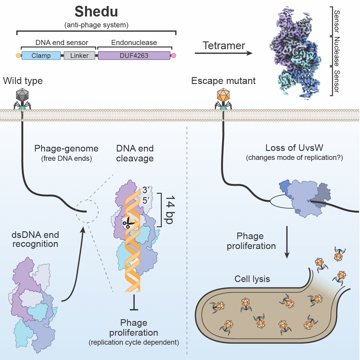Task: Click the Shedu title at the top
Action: point(96,12)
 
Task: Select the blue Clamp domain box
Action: point(41,55)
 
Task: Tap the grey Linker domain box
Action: point(79,55)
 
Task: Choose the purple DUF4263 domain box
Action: point(134,55)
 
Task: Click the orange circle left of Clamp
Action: point(18,55)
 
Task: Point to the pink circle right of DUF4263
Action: point(173,55)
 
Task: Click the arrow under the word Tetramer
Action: point(223,53)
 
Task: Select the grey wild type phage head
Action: point(22,95)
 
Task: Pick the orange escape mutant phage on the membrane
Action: point(223,96)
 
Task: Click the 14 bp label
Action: point(170,210)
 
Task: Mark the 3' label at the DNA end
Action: point(146,190)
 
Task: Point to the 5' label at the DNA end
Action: point(146,200)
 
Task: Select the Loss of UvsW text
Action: point(294,148)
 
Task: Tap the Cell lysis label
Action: point(252,279)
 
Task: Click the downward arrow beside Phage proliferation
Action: point(287,242)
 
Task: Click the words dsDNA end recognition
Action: point(35,239)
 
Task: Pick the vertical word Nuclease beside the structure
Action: point(337,51)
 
